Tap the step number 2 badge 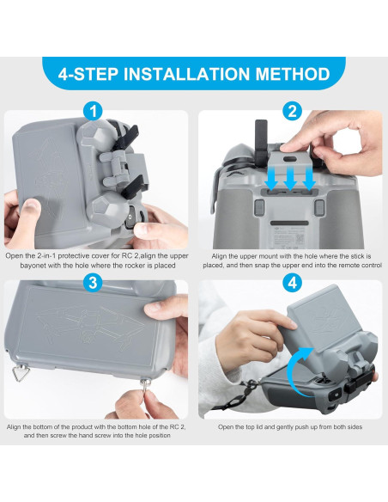click(x=292, y=111)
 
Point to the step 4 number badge click(x=292, y=283)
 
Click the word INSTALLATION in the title click(x=195, y=73)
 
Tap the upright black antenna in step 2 click(x=260, y=138)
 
